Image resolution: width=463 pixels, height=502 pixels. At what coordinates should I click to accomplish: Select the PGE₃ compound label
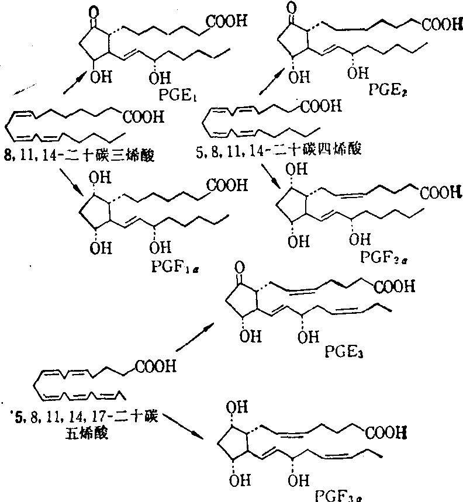point(341,352)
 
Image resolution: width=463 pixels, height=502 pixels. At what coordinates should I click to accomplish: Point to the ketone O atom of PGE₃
point(239,266)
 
